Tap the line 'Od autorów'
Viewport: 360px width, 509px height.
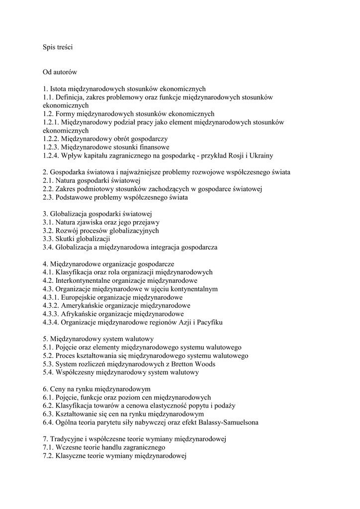pos(60,72)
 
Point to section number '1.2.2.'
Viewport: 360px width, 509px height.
pos(51,139)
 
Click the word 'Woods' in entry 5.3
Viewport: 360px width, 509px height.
pos(205,364)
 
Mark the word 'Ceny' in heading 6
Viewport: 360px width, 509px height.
pos(58,389)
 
